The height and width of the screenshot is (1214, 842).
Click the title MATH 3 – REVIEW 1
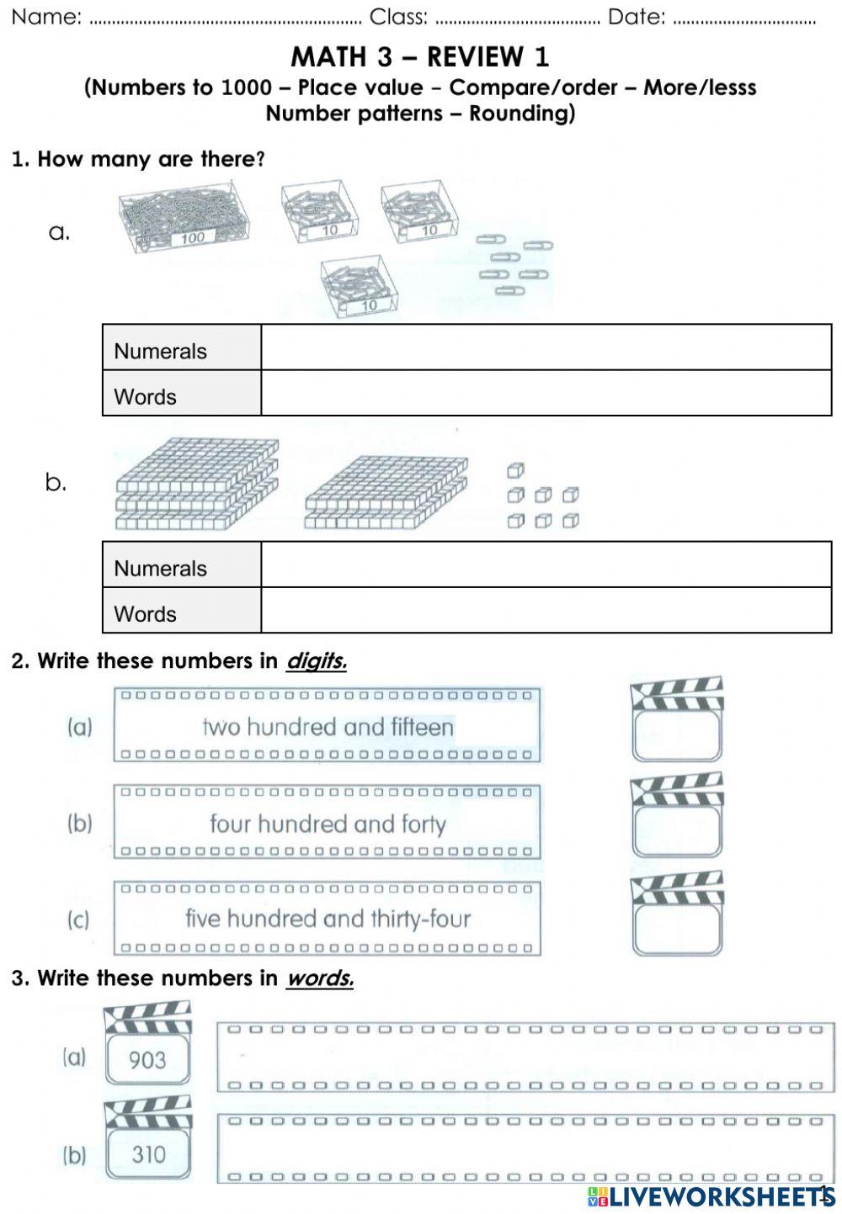click(x=420, y=57)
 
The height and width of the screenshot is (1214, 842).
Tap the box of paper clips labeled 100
click(x=186, y=219)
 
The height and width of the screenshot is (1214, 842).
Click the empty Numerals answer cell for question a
click(x=546, y=347)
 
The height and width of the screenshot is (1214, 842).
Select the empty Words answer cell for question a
click(x=546, y=393)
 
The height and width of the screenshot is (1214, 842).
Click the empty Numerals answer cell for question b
click(x=546, y=565)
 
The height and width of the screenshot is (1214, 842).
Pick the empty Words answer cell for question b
click(x=546, y=610)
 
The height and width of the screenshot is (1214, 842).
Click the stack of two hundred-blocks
click(x=385, y=492)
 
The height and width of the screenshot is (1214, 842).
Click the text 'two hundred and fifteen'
click(x=328, y=727)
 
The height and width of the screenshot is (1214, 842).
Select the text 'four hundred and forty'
click(x=328, y=824)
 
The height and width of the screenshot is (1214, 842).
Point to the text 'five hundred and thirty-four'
click(x=328, y=919)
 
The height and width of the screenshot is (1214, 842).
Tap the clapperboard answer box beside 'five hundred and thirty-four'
click(x=677, y=929)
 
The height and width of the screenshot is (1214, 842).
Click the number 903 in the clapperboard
click(x=147, y=1060)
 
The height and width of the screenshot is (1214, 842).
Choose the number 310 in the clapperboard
click(x=148, y=1154)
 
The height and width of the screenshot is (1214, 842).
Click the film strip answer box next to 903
click(x=520, y=1057)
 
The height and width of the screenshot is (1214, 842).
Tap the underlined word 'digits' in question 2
click(x=316, y=661)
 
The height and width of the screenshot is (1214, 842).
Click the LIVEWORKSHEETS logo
click(x=707, y=1196)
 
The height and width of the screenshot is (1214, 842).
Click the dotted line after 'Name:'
click(x=224, y=19)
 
